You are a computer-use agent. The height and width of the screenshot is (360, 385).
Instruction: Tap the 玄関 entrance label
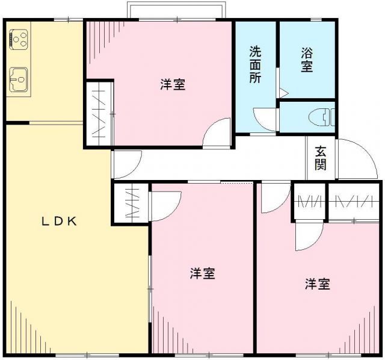pyautogui.click(x=321, y=158)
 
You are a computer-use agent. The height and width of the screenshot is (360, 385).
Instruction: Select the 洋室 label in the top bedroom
pyautogui.click(x=173, y=85)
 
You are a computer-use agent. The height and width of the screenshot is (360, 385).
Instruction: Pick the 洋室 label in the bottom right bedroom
pyautogui.click(x=316, y=284)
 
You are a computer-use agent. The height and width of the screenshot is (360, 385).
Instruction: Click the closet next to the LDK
pyautogui.click(x=131, y=203)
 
